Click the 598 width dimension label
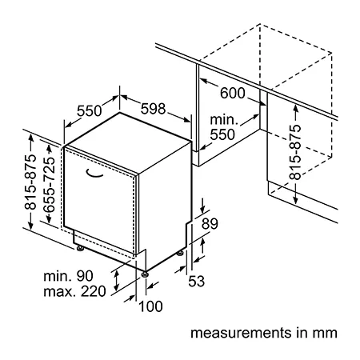coord(153,109)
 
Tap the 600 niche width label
coord(233,93)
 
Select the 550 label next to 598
coord(90,110)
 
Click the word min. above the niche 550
coord(224,120)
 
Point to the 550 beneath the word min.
coord(222,134)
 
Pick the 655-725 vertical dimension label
coord(50,185)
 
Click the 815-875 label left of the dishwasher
coord(30,182)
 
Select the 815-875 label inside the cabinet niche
coord(295,152)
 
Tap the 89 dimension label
coord(210,224)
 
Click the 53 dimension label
coord(197,281)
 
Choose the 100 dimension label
coord(150,306)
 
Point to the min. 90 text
coord(68,276)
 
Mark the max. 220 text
coord(74,291)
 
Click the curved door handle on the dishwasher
coord(94,174)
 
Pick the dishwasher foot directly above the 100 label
coord(145,274)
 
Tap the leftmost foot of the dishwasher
coord(80,248)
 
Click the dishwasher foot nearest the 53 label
coord(180,253)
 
